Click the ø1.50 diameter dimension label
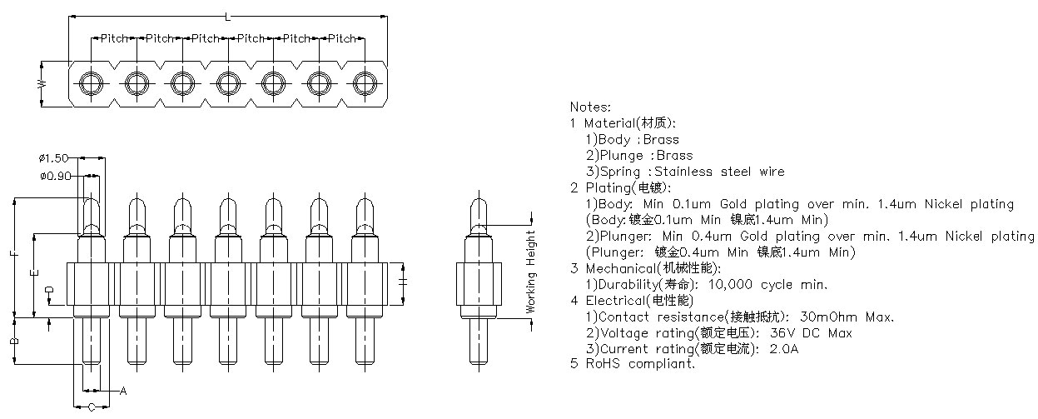click(53, 158)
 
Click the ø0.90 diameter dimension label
click(56, 176)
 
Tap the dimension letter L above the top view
click(227, 17)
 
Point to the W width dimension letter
click(42, 84)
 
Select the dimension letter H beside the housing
click(402, 282)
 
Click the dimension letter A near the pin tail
click(123, 391)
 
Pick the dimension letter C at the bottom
click(92, 407)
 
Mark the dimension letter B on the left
click(14, 342)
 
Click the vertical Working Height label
click(530, 272)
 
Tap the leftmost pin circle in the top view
click(92, 83)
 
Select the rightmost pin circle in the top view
click(365, 83)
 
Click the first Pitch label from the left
click(114, 38)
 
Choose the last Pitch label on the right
click(341, 38)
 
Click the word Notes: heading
click(590, 107)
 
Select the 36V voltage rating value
click(778, 333)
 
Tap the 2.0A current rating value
click(783, 348)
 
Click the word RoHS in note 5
click(603, 363)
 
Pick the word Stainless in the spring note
click(683, 172)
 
